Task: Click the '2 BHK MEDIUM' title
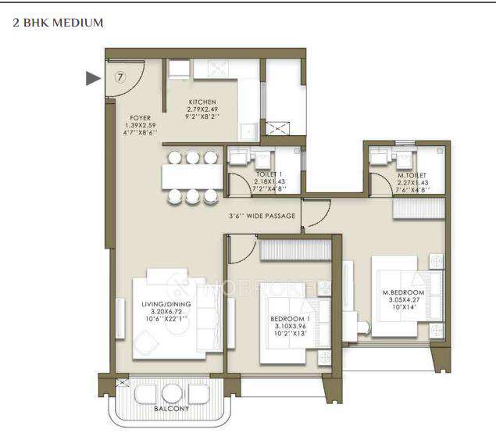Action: click(x=59, y=23)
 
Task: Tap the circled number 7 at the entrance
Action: click(x=120, y=77)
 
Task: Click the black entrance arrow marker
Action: click(x=93, y=77)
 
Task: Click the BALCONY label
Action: click(x=171, y=407)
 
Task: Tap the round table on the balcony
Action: click(x=173, y=392)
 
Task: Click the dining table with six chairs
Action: click(x=189, y=177)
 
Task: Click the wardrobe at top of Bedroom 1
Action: click(x=294, y=250)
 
